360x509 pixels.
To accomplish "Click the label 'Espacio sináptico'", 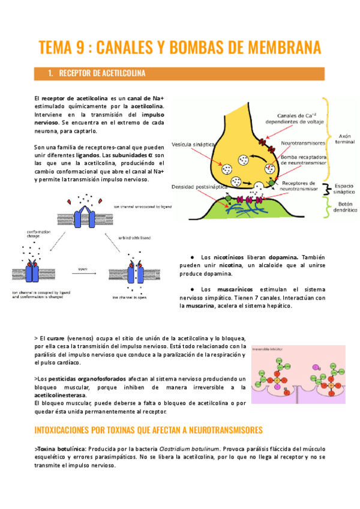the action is (344, 189).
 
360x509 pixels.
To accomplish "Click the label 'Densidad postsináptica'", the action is (194, 187).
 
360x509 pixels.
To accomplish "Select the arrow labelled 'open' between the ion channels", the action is (83, 271).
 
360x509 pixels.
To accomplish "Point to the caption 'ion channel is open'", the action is (132, 296).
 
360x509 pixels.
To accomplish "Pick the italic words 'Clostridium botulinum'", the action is (191, 448).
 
